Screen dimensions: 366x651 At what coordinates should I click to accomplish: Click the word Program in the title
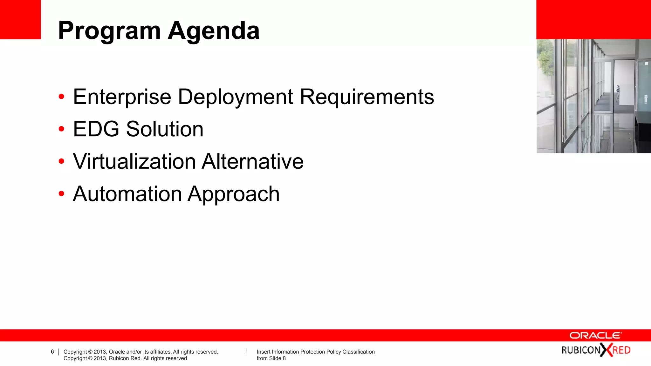[x=109, y=31]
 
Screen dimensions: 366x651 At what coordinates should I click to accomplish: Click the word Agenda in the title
[x=214, y=31]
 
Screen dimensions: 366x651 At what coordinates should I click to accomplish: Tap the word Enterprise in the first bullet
[x=122, y=97]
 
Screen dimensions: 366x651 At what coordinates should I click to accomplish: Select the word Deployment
[x=236, y=97]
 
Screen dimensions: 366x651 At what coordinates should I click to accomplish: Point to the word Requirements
[x=367, y=97]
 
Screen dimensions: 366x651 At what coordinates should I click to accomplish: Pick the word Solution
[x=165, y=129]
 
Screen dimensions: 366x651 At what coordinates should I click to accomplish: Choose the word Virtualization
[x=134, y=161]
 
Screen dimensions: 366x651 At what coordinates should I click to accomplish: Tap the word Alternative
[x=253, y=161]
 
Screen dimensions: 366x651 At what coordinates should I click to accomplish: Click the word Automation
[x=127, y=194]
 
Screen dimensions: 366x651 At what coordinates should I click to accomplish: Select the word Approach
[x=234, y=194]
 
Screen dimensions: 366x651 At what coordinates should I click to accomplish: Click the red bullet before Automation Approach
[x=62, y=193]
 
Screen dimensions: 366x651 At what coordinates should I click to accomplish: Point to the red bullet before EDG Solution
[x=62, y=129]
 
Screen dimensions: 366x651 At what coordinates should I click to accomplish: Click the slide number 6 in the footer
[x=52, y=352]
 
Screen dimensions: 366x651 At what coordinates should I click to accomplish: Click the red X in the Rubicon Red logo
[x=606, y=350]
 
